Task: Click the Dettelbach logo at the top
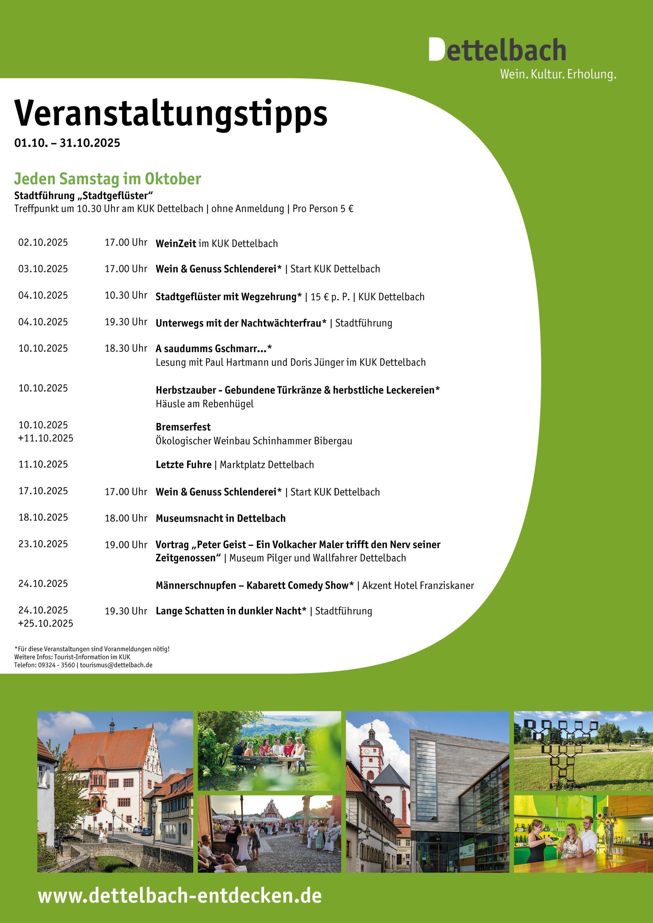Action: pyautogui.click(x=497, y=50)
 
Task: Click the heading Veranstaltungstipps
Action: pyautogui.click(x=170, y=113)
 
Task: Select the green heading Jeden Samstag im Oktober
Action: pyautogui.click(x=107, y=179)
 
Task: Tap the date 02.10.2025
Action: pyautogui.click(x=43, y=242)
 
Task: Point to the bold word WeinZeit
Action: pyautogui.click(x=176, y=243)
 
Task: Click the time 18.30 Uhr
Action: pyautogui.click(x=126, y=348)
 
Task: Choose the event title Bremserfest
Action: pyautogui.click(x=183, y=427)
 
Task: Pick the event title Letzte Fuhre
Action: pyautogui.click(x=183, y=465)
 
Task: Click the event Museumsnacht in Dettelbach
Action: pyautogui.click(x=220, y=518)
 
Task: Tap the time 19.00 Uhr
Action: pyautogui.click(x=126, y=545)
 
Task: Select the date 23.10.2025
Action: pyautogui.click(x=43, y=544)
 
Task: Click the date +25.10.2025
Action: pyautogui.click(x=46, y=623)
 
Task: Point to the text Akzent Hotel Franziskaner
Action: pyautogui.click(x=418, y=585)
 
